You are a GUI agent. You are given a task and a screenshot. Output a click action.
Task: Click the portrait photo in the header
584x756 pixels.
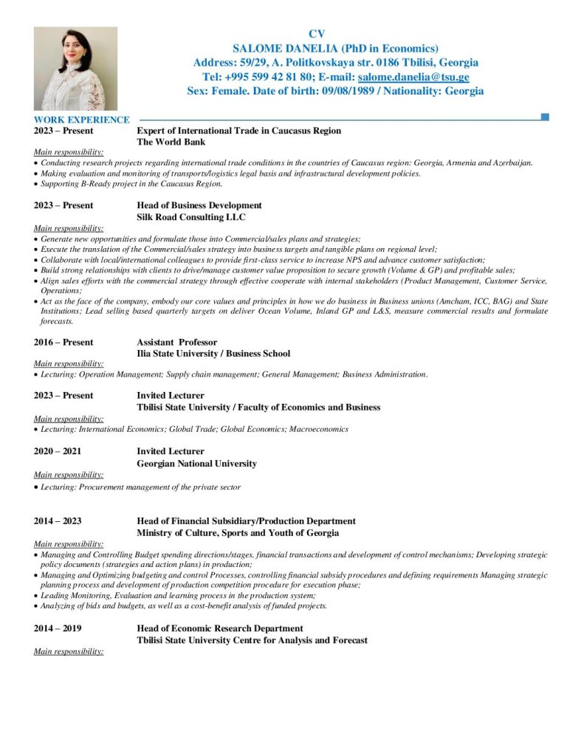pyautogui.click(x=75, y=69)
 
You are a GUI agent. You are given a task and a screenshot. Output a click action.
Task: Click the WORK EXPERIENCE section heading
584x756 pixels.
pyautogui.click(x=82, y=120)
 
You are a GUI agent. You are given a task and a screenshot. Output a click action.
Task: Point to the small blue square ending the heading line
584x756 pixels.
pyautogui.click(x=545, y=117)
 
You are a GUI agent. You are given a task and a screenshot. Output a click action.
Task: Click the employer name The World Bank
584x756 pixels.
pyautogui.click(x=171, y=142)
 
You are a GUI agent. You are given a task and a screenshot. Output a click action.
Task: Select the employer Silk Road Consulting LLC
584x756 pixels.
pyautogui.click(x=191, y=217)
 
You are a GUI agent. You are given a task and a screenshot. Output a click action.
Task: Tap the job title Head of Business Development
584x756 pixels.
pyautogui.click(x=199, y=205)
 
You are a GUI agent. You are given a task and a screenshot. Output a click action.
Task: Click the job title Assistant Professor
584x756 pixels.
pyautogui.click(x=177, y=343)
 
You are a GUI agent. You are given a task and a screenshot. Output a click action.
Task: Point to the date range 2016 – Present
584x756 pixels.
pyautogui.click(x=63, y=343)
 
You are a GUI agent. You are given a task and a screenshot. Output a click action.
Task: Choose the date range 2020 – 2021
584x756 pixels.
pyautogui.click(x=58, y=451)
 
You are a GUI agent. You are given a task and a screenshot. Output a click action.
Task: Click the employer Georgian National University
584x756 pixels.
pyautogui.click(x=197, y=464)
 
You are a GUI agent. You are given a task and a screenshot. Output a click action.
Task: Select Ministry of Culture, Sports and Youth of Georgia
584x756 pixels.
pyautogui.click(x=238, y=533)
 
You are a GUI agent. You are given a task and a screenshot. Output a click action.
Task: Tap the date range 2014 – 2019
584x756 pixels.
pyautogui.click(x=58, y=628)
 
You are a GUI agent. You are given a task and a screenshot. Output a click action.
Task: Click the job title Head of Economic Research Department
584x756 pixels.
pyautogui.click(x=220, y=628)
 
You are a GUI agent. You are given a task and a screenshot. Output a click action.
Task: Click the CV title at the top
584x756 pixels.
pyautogui.click(x=316, y=34)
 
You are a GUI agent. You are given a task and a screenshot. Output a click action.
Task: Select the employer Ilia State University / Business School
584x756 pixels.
pyautogui.click(x=213, y=354)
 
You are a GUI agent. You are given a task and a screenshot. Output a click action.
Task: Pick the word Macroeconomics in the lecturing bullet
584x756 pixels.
pyautogui.click(x=322, y=429)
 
